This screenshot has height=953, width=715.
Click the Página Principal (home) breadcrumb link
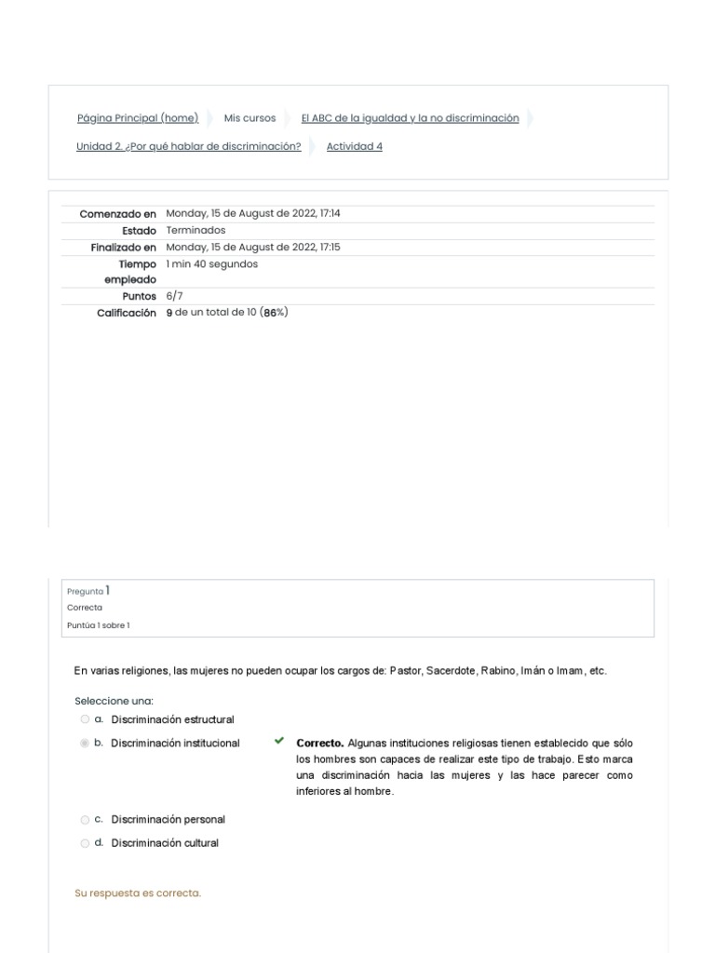138,118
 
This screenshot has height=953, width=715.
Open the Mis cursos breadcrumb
250,118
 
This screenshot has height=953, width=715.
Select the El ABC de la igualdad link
410,118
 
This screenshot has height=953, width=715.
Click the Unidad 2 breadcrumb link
188,146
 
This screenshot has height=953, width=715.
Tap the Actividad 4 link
354,146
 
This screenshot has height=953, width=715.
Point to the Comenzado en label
118,214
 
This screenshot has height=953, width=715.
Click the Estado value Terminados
196,231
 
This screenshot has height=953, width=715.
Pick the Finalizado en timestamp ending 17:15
253,248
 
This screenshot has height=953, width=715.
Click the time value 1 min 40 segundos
212,264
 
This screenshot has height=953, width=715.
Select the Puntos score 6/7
175,296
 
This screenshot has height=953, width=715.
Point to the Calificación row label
127,314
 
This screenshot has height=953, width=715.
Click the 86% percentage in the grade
275,313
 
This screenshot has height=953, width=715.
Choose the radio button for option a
85,719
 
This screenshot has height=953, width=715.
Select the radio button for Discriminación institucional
85,744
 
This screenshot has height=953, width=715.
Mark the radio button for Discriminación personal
85,820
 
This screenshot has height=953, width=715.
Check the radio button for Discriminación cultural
85,843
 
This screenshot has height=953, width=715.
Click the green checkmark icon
278,742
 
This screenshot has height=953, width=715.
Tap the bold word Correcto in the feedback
319,744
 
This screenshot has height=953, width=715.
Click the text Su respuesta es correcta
138,893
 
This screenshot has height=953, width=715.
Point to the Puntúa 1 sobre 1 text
99,625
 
